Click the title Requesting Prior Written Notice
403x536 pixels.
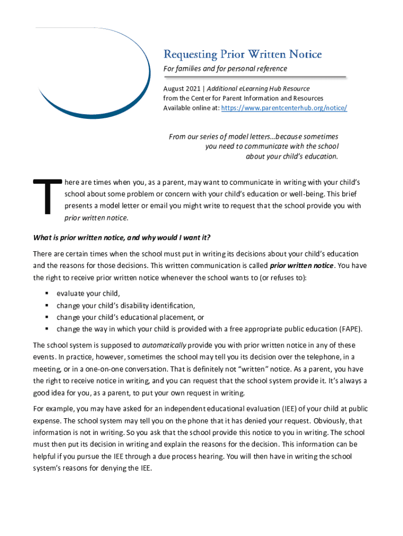coord(242,54)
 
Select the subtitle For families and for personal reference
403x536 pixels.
coord(225,69)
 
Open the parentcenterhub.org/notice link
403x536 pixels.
coord(284,108)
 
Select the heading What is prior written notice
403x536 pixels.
coord(121,238)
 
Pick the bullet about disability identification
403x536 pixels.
coord(126,305)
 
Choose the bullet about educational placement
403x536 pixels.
coord(130,317)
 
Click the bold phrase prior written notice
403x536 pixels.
coord(301,265)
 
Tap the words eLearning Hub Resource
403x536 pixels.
coord(276,88)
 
